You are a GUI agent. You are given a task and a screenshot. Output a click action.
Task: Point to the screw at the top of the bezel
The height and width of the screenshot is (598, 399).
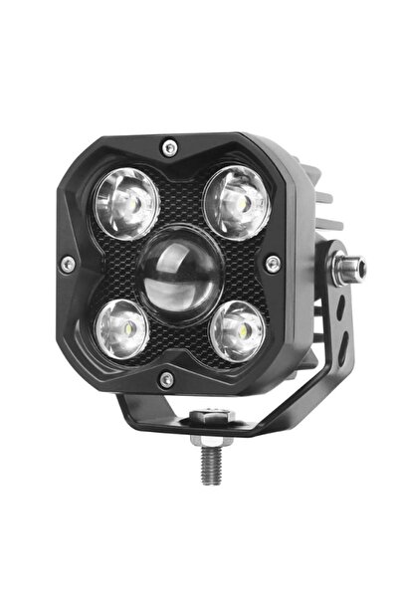(x=170, y=147)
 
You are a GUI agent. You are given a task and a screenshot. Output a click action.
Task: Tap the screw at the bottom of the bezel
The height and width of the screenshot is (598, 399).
(x=167, y=378)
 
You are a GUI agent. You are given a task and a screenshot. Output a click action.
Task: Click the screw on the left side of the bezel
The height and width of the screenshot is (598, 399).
(x=67, y=264)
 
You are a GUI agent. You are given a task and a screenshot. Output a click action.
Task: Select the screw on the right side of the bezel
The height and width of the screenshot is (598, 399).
(x=273, y=263)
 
